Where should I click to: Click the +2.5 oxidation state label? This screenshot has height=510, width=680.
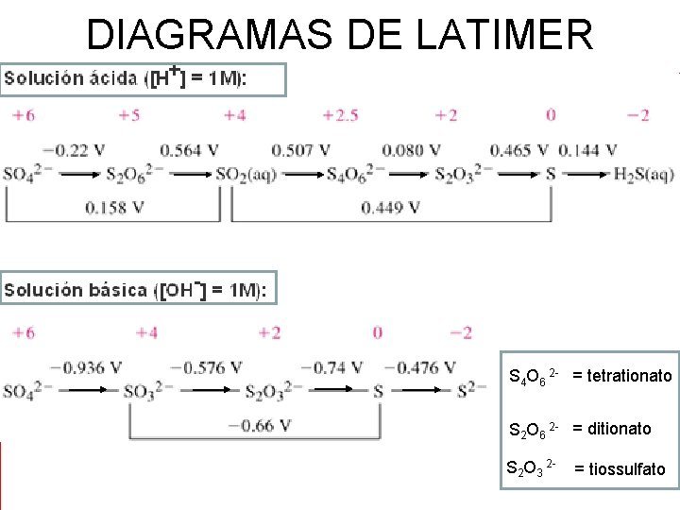coord(340,115)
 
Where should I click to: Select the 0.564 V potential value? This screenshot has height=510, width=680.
coord(189,150)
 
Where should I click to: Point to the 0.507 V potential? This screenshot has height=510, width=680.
coord(300,150)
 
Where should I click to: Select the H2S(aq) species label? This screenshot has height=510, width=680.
coord(643,175)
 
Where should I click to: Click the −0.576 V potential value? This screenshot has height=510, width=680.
coord(212,367)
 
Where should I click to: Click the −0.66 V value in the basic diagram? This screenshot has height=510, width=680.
coord(258,425)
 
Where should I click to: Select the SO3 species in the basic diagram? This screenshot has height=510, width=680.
coord(141,392)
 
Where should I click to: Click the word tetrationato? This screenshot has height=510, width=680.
coord(629,376)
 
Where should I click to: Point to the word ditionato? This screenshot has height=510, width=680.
coord(619,429)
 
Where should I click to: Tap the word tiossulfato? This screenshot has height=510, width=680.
coord(626,468)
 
